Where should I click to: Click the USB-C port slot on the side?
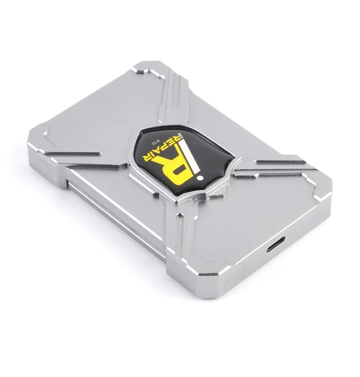click(x=276, y=244)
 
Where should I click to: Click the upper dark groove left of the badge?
click(x=72, y=154)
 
